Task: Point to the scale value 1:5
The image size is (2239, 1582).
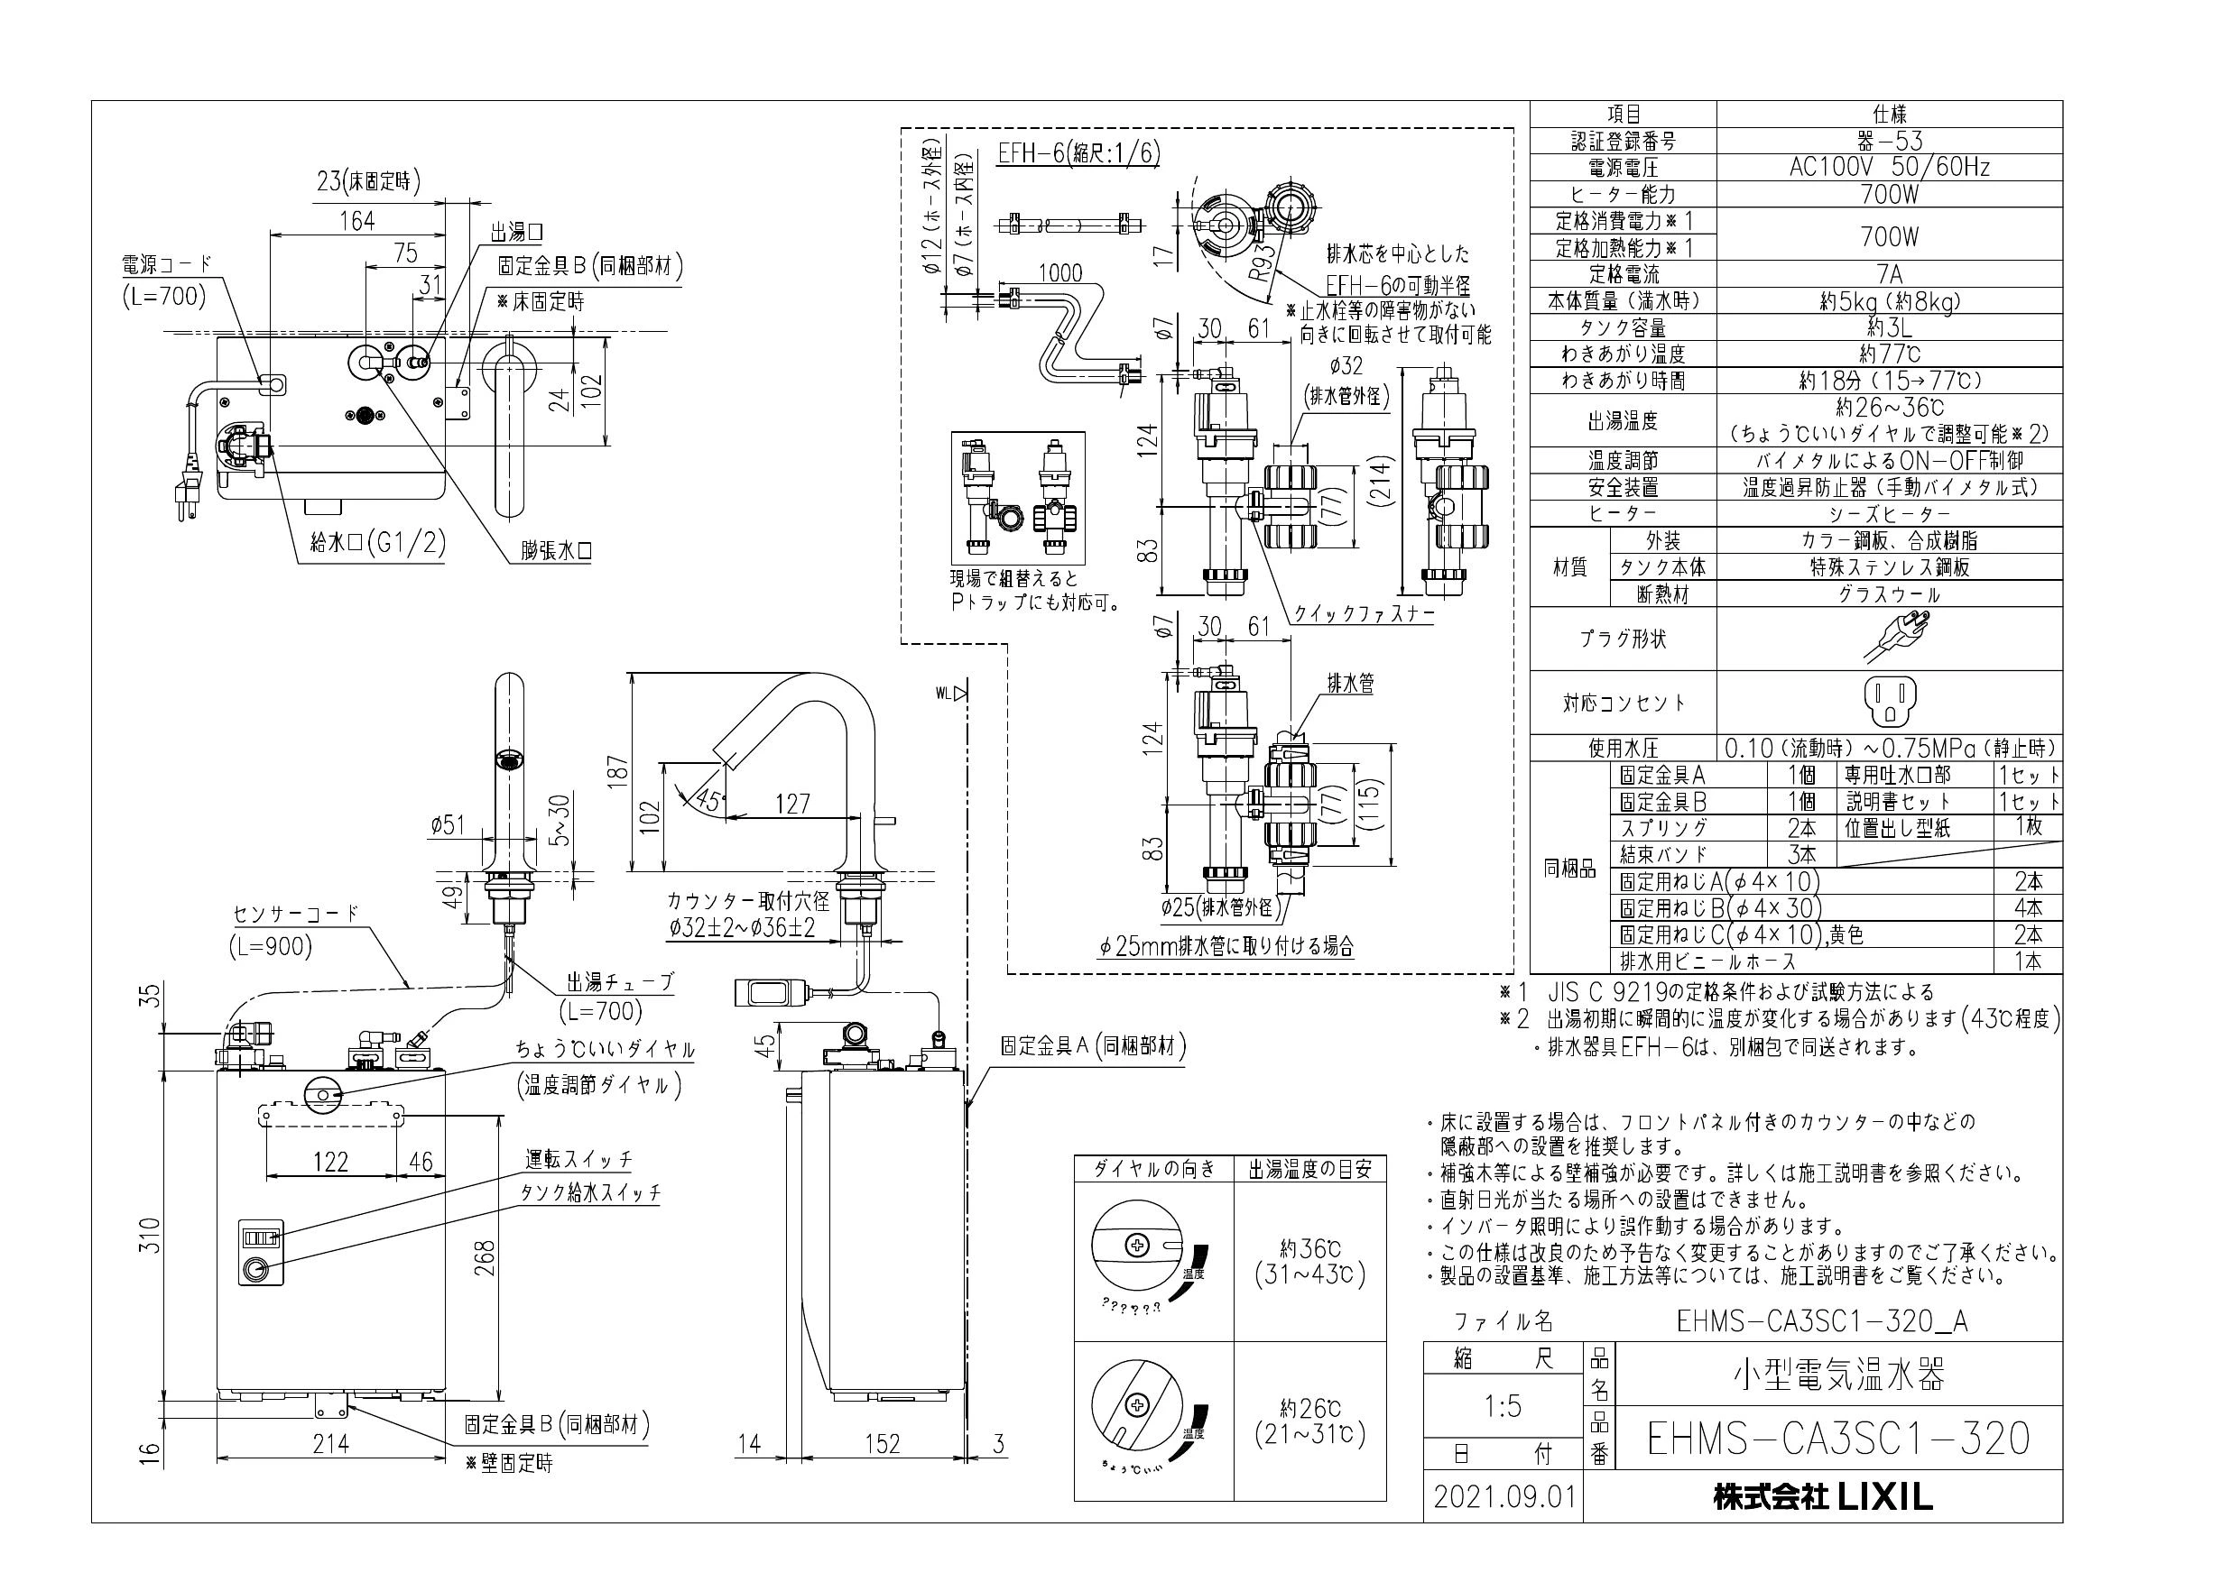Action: tap(1502, 1405)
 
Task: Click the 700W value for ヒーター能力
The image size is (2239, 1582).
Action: tap(1888, 194)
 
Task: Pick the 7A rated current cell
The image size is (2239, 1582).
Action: tap(1888, 274)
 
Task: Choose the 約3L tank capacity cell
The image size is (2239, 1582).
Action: tap(1888, 327)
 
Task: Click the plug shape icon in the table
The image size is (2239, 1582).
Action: tap(1888, 639)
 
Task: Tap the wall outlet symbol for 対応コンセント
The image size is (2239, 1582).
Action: tap(1888, 702)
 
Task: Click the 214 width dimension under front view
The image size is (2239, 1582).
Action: tap(329, 1444)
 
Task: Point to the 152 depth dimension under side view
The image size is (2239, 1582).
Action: tap(882, 1444)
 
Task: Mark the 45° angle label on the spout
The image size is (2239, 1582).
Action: tap(709, 800)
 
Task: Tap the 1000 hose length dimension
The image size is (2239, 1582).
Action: tap(1059, 273)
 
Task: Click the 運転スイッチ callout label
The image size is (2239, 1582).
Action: tap(579, 1159)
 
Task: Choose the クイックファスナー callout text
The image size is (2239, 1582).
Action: tap(1364, 614)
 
